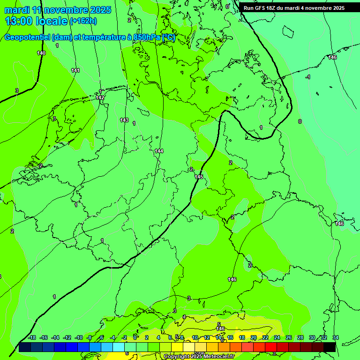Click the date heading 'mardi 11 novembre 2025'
(x=58, y=10)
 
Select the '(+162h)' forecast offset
(x=83, y=21)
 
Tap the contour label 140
(x=41, y=53)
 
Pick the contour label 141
(x=75, y=70)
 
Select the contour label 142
(x=100, y=97)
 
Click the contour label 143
(x=124, y=120)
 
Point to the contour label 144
(x=159, y=150)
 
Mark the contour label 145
(x=199, y=177)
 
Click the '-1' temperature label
(x=307, y=77)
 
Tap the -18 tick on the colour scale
(x=32, y=337)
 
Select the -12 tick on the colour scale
(x=67, y=337)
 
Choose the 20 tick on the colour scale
(x=253, y=337)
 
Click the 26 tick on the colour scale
(x=288, y=337)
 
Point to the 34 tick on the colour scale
(x=335, y=337)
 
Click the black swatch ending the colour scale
(x=330, y=347)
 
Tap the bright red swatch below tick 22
(x=270, y=347)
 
